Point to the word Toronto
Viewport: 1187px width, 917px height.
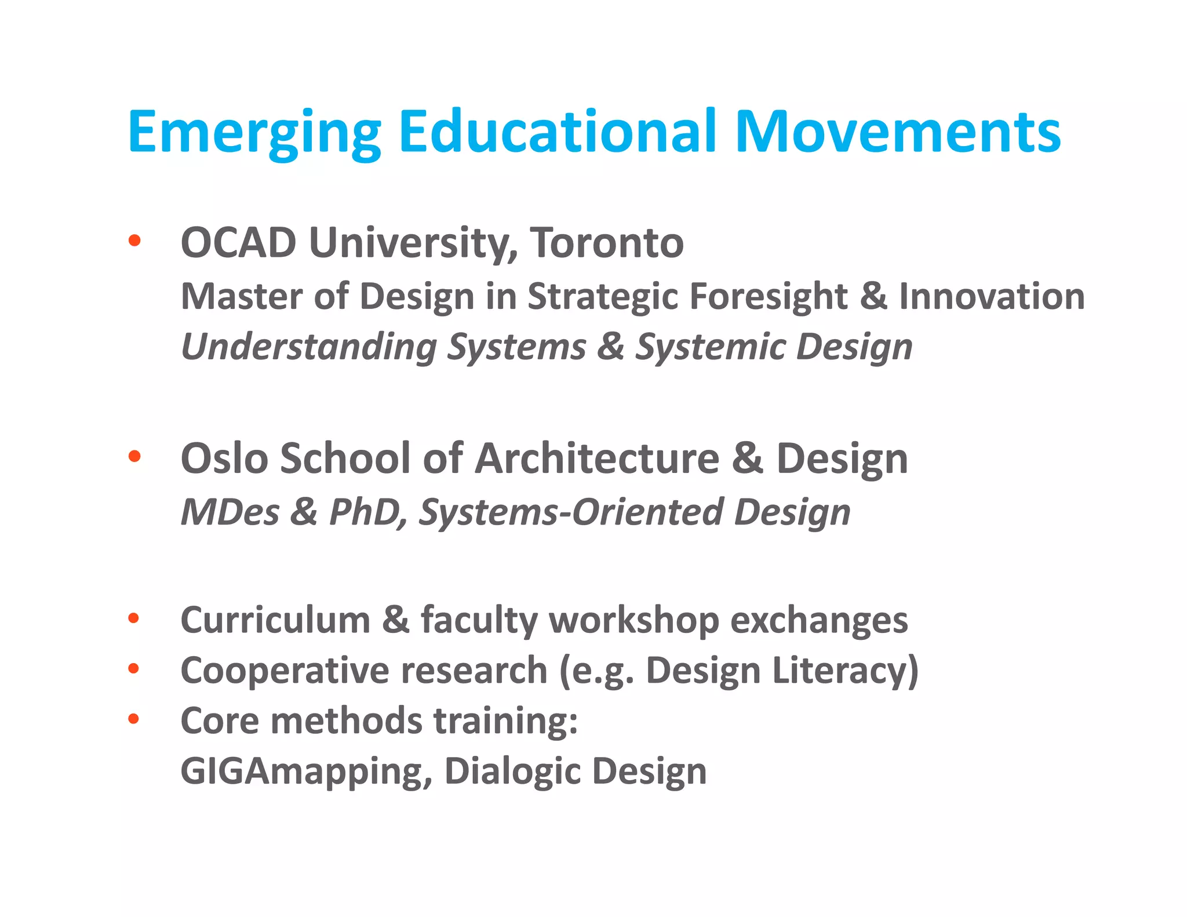[607, 242]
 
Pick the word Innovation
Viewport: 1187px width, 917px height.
[992, 297]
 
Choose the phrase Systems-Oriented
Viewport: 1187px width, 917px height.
[570, 512]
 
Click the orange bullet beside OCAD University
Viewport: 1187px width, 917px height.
[134, 240]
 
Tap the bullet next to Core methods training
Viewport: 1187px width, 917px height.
[134, 719]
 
